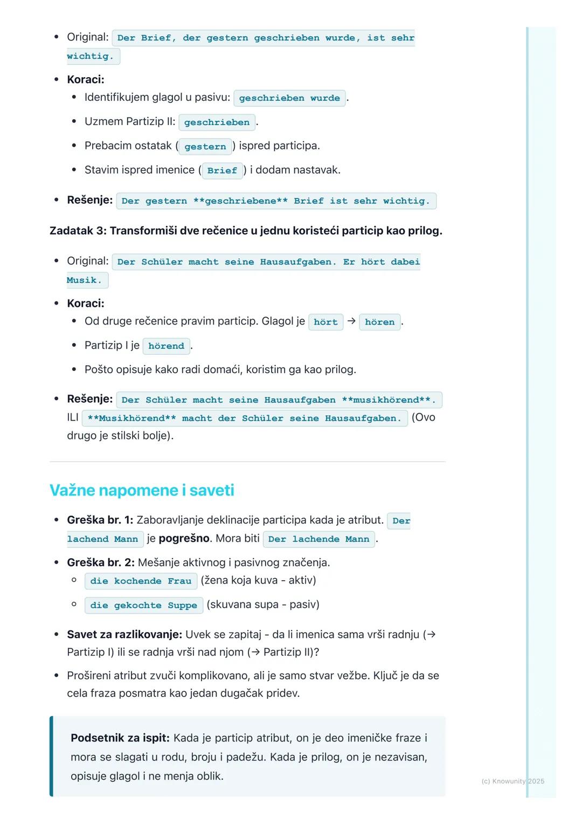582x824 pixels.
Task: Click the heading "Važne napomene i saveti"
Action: [x=142, y=490]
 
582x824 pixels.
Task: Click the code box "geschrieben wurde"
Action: [x=289, y=98]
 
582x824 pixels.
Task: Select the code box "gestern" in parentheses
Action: [x=205, y=147]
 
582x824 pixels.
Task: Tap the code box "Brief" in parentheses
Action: [x=222, y=170]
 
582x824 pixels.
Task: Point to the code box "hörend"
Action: [x=166, y=346]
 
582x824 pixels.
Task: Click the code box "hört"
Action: [x=325, y=322]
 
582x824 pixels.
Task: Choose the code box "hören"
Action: [x=379, y=322]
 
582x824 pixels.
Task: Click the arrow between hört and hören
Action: [x=351, y=321]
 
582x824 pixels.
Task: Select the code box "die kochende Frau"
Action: [x=141, y=581]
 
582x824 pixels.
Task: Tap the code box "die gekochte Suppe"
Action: [x=143, y=605]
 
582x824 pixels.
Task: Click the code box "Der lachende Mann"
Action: [x=318, y=539]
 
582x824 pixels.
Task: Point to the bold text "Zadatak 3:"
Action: [x=78, y=231]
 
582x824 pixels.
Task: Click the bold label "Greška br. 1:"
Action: [x=100, y=520]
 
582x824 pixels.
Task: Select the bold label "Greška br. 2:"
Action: [x=101, y=562]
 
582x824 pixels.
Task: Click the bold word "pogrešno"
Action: [x=184, y=538]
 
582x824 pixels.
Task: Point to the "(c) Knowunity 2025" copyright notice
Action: [x=512, y=781]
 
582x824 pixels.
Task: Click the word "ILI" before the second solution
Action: [x=73, y=417]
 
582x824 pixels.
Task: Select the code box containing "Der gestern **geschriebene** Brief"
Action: [x=276, y=201]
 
